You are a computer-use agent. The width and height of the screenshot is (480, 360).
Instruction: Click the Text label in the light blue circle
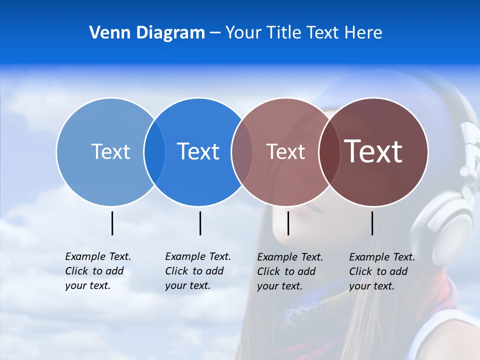click(110, 151)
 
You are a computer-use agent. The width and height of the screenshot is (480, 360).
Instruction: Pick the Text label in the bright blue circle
click(198, 151)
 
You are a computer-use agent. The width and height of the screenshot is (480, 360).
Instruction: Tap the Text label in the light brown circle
click(285, 152)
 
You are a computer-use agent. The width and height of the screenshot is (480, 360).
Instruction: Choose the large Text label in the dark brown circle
click(373, 151)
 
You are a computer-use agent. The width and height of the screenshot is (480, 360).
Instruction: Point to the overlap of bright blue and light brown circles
click(241, 152)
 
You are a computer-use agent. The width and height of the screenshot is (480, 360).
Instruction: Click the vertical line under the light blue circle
click(112, 223)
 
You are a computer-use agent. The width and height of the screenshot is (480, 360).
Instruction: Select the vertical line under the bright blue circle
click(200, 223)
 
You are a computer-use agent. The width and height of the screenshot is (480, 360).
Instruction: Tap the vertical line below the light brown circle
click(288, 223)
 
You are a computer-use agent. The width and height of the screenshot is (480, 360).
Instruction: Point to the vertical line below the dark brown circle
click(372, 223)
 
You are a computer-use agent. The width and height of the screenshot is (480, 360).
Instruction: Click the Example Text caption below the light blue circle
click(97, 271)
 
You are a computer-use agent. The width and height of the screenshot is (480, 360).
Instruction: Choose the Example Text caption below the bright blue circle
click(197, 271)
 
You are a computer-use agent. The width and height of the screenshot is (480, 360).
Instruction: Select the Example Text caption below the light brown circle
click(289, 271)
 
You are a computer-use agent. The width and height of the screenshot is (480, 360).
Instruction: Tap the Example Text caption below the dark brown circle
click(381, 271)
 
